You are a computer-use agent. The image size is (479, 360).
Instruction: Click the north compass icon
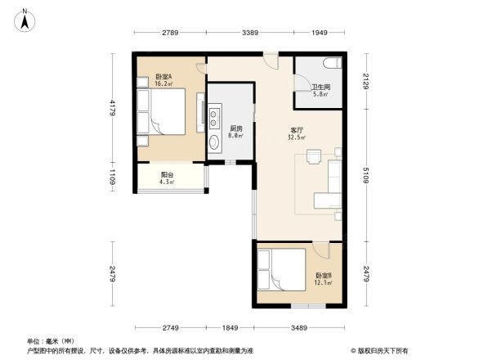(x=25, y=18)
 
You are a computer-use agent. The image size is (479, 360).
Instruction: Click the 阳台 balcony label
(x=166, y=174)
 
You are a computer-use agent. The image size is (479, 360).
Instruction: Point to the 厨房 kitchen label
(x=235, y=129)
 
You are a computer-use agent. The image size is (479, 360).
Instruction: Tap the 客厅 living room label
(x=297, y=130)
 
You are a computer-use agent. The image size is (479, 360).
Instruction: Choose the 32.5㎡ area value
(x=298, y=137)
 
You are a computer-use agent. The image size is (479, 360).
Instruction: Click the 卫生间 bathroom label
(x=320, y=88)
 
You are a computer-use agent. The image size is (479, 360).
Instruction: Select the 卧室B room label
(x=323, y=275)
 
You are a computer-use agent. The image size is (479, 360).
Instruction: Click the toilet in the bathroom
(x=331, y=64)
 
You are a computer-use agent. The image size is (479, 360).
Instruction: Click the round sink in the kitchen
(x=215, y=144)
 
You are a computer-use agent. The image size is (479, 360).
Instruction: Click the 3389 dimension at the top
(x=251, y=33)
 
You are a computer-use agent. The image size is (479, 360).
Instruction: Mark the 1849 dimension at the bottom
(x=228, y=327)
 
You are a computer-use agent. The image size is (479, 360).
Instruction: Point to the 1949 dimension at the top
(x=319, y=33)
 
